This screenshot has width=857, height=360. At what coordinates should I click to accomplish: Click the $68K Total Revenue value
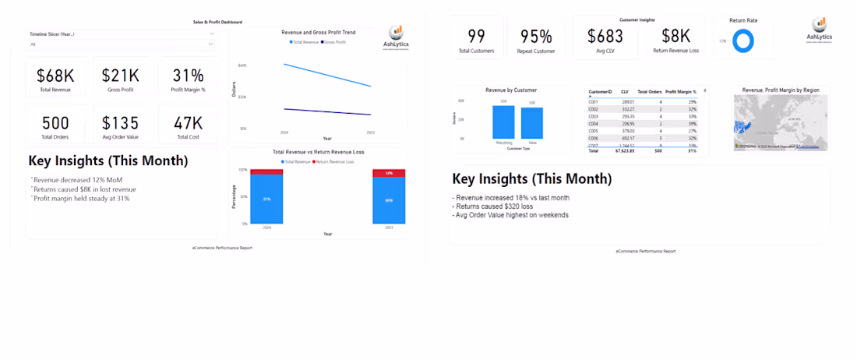point(55,76)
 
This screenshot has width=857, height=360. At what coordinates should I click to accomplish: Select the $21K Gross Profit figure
point(121,76)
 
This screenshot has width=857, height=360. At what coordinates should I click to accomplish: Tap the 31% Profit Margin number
point(188,76)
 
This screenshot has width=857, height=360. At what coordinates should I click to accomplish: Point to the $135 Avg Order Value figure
point(121,123)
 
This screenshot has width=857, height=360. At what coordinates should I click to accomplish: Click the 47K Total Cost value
point(188,123)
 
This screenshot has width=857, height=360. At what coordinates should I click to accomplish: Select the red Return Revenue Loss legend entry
point(335,161)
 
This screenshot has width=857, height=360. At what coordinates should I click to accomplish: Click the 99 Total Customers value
point(476,36)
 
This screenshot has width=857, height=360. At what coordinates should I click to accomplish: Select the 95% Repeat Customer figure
point(536,36)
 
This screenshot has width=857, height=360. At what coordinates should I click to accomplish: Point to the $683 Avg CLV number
point(601,36)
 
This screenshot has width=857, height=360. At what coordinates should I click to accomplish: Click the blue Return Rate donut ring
point(743,41)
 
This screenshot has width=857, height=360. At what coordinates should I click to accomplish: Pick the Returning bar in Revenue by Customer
point(503,122)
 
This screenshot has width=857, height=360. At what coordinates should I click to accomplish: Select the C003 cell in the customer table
point(594,116)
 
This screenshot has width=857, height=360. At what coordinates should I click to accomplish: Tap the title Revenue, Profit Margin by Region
point(781,90)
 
